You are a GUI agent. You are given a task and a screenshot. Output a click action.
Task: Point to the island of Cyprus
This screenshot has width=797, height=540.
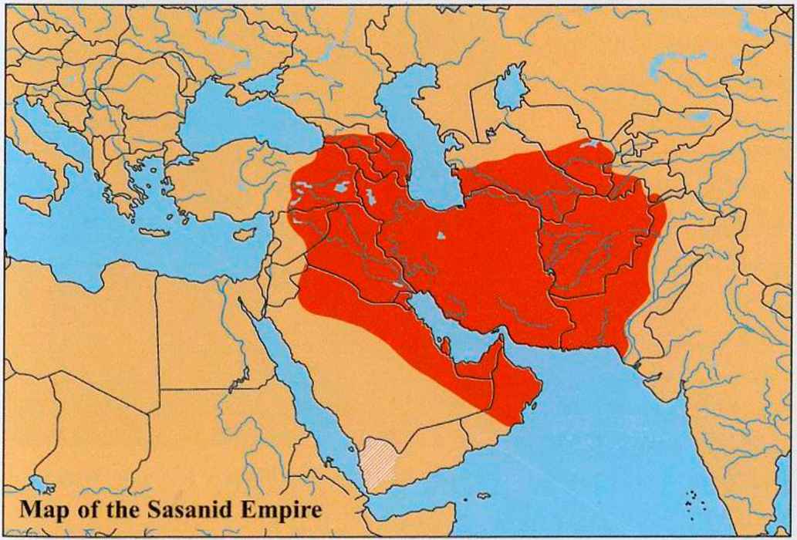[244, 232]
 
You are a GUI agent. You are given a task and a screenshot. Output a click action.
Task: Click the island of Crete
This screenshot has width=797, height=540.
[154, 233]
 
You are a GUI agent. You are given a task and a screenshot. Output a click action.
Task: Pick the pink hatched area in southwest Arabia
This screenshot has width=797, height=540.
[380, 461]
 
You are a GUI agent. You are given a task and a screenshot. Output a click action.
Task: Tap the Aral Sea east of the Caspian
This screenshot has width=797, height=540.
[510, 86]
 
